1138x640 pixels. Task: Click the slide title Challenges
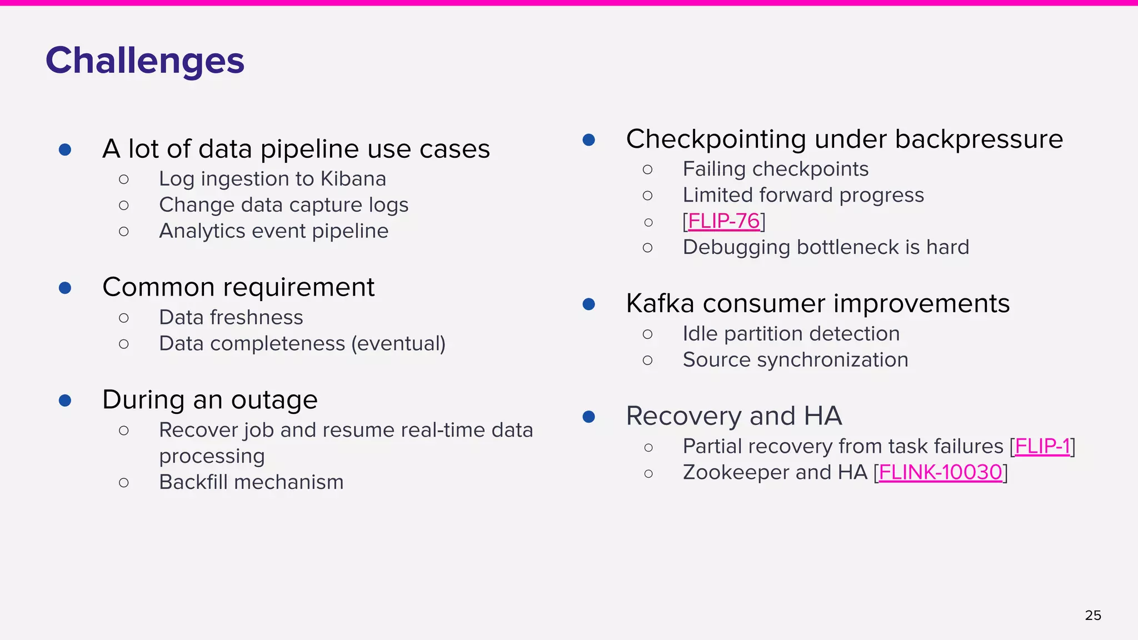[145, 61]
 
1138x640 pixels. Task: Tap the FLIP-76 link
[723, 221]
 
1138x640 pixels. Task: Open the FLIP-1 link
[1042, 446]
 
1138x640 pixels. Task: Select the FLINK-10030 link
[940, 472]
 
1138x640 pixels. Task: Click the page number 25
[1092, 615]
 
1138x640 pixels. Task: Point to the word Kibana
[353, 179]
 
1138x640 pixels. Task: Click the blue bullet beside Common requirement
[65, 288]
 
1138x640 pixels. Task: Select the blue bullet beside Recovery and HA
[589, 417]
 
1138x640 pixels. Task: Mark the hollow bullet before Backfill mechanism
[124, 483]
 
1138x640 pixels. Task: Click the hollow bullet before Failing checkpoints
[647, 169]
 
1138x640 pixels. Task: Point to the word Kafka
[660, 303]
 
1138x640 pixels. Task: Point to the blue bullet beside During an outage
[65, 401]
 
